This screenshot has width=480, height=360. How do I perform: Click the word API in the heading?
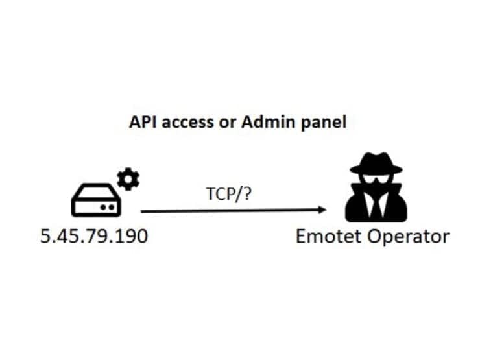143,122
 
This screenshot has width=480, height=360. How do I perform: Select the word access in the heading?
187,123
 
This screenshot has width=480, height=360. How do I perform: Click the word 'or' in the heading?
228,123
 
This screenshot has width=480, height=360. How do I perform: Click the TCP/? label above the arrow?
229,194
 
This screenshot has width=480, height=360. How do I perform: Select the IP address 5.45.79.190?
94,236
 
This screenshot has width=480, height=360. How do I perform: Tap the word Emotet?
329,236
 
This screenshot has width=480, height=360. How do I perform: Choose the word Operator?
409,237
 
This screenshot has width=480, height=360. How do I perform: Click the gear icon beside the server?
128,179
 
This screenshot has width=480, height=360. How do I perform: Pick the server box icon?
96,200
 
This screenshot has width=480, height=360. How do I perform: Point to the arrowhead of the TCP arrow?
322,210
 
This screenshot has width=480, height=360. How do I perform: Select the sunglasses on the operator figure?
376,180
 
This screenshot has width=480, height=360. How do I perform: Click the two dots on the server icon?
107,208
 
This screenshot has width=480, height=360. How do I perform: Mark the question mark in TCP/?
247,194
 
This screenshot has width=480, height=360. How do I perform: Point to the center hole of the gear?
128,179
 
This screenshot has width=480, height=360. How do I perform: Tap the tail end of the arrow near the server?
141,211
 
